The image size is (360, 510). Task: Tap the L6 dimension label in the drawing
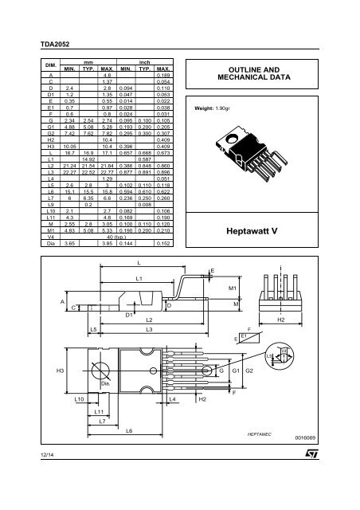(129, 431)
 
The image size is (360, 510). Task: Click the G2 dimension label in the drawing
(249, 371)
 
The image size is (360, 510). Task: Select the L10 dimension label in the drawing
(80, 397)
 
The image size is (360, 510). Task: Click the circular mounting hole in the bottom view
(102, 371)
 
